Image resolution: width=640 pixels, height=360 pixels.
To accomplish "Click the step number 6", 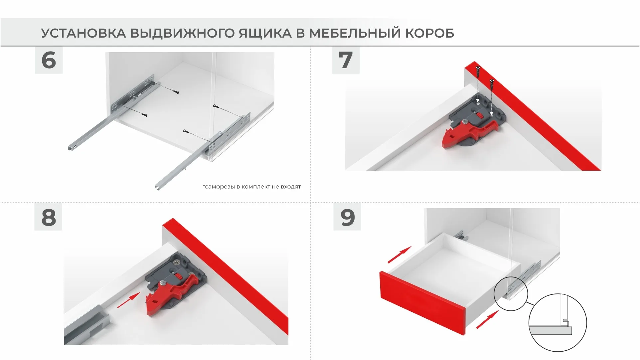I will click(x=49, y=60).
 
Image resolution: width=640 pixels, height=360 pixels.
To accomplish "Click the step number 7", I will click(x=346, y=60).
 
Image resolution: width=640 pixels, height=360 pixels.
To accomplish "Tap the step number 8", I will click(x=48, y=217).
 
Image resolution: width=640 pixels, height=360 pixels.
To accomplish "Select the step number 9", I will click(x=347, y=217).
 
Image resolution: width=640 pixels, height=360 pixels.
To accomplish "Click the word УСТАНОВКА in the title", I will click(x=83, y=33).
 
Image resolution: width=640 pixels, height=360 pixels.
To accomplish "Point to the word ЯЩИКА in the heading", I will click(x=265, y=33).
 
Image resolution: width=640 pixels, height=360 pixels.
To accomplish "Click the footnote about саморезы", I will click(x=252, y=187).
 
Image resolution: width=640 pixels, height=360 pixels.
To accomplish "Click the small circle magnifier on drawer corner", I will click(x=511, y=293).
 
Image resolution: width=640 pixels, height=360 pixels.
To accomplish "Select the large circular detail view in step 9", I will click(x=558, y=322).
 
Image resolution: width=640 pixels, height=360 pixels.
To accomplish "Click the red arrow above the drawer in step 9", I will click(x=400, y=255).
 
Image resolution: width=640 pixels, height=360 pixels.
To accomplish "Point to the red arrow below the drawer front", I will click(x=488, y=319).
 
